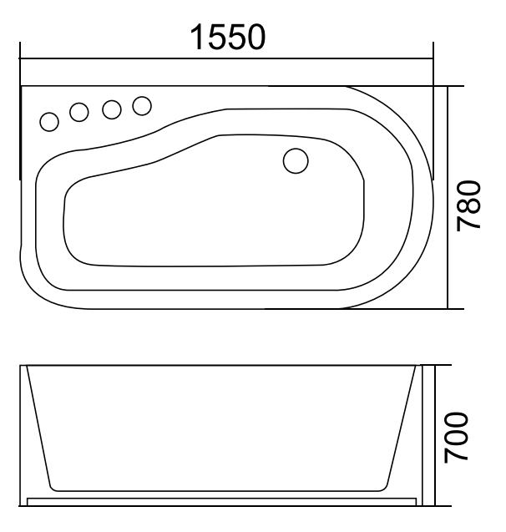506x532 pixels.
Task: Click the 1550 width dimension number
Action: (x=228, y=37)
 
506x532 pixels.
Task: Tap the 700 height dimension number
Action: (x=472, y=436)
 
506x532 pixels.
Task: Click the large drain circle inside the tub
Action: (x=296, y=160)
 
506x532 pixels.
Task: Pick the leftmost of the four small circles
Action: (x=50, y=122)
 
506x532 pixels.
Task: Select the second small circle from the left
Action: (x=80, y=112)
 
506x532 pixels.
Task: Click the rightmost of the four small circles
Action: (x=142, y=104)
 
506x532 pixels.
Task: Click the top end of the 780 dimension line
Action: (x=450, y=86)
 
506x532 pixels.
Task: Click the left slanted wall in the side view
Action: (x=40, y=426)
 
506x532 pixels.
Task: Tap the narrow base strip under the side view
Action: (x=221, y=502)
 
